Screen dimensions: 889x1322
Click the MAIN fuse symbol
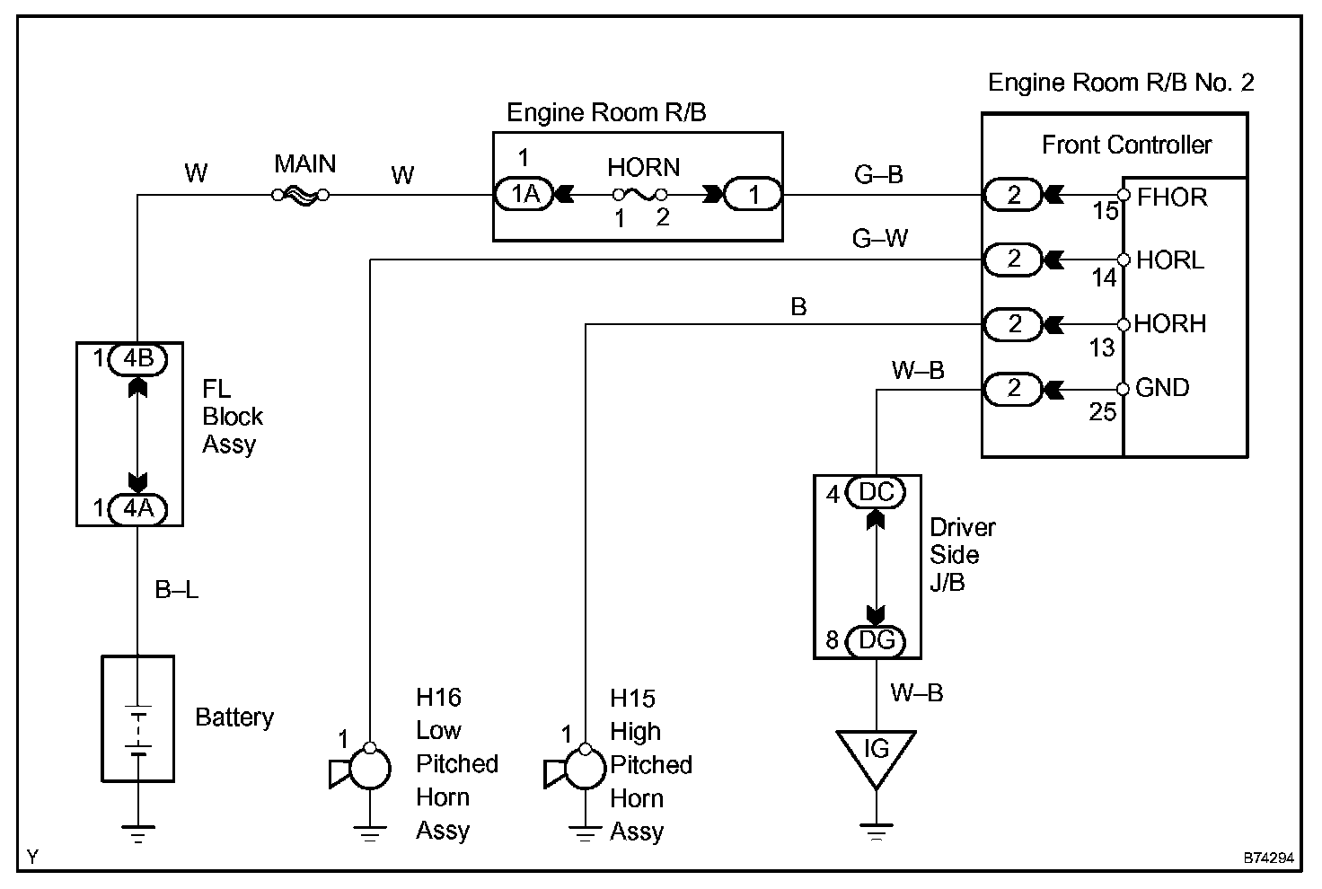coord(301,195)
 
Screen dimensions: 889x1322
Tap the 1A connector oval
coord(524,195)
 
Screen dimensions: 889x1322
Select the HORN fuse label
coord(643,168)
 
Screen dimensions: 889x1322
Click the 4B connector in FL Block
coord(137,359)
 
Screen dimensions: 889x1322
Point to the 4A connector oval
coord(137,509)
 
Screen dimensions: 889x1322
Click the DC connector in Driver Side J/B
coord(877,493)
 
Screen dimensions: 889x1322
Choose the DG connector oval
coord(877,640)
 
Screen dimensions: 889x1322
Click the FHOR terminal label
coord(1172,197)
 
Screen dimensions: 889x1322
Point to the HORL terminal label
coord(1170,260)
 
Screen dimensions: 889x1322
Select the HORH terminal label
coord(1170,324)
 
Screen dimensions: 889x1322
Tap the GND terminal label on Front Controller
coord(1162,388)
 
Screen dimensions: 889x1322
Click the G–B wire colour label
coord(878,175)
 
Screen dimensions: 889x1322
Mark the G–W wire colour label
coord(880,239)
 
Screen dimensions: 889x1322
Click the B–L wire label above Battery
coord(177,590)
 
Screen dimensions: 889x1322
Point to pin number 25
coord(1103,412)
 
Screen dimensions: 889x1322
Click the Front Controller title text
coord(1126,145)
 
